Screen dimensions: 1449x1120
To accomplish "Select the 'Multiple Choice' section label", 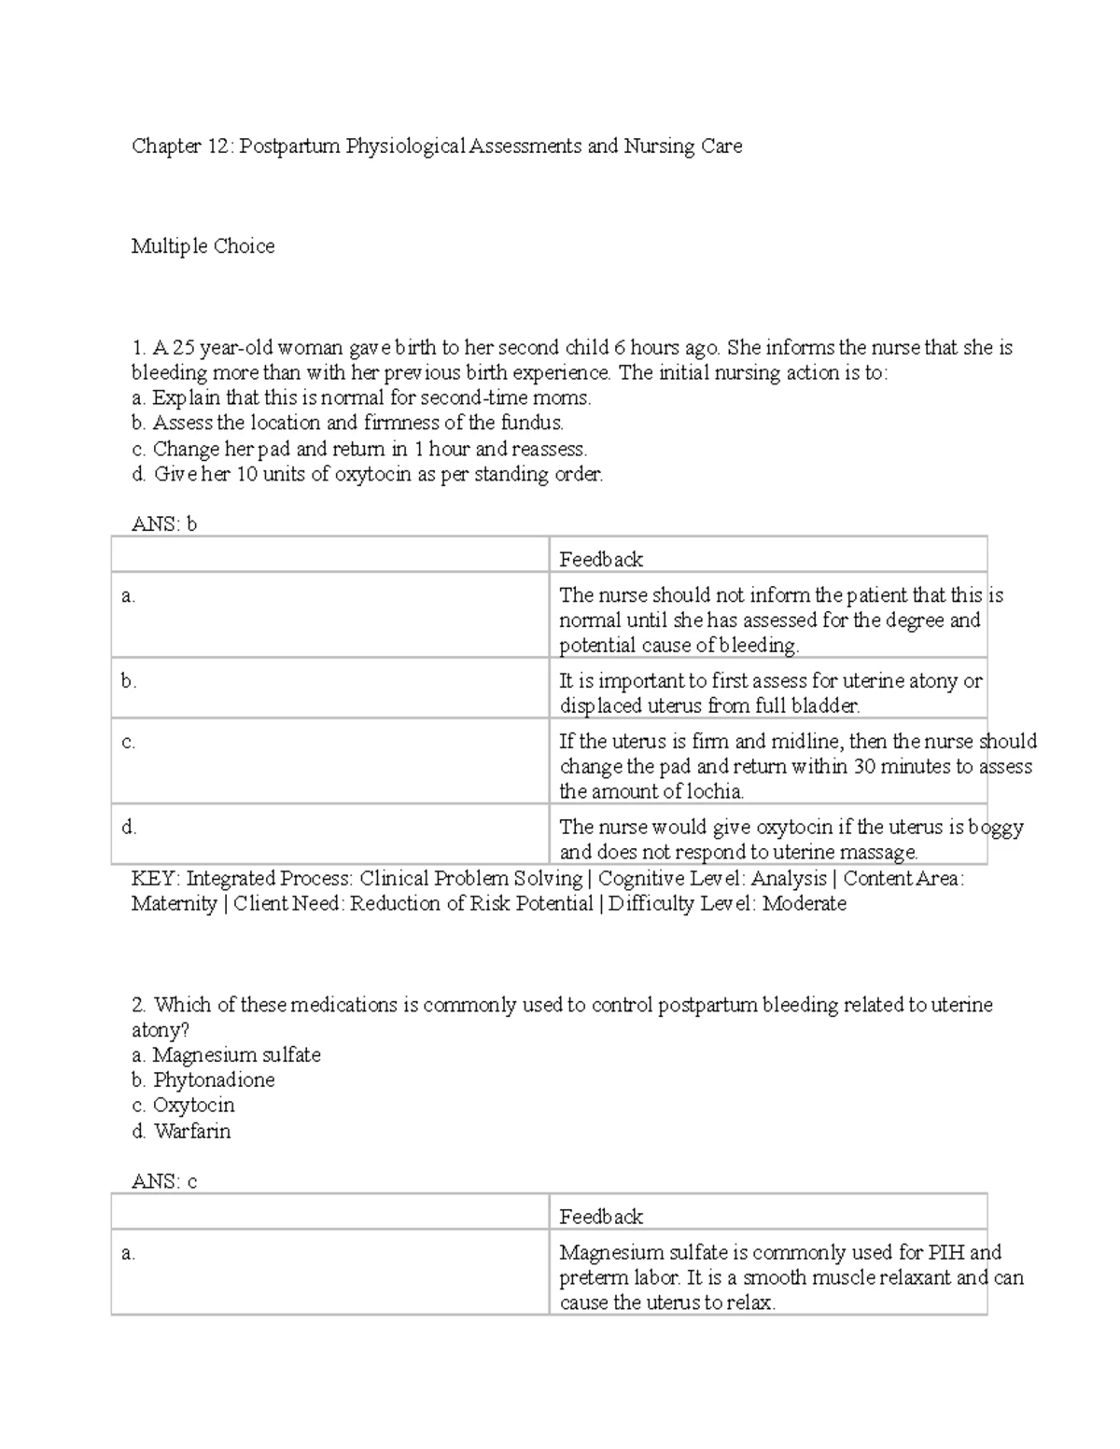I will pyautogui.click(x=203, y=246).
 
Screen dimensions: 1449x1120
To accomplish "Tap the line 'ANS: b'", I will pyautogui.click(x=164, y=524).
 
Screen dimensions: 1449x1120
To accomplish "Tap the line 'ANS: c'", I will pyautogui.click(x=164, y=1181).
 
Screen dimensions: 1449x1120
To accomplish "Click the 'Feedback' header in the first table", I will pyautogui.click(x=601, y=560).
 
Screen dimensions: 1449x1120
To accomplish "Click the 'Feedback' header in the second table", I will pyautogui.click(x=601, y=1217).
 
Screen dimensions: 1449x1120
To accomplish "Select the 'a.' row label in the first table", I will pyautogui.click(x=129, y=596).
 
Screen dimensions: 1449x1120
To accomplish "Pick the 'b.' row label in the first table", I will pyautogui.click(x=129, y=681).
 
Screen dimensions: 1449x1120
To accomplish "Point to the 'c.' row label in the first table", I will pyautogui.click(x=129, y=743).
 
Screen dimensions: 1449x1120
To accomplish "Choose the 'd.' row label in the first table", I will pyautogui.click(x=129, y=828).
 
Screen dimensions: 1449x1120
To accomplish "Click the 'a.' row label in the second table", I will pyautogui.click(x=129, y=1253).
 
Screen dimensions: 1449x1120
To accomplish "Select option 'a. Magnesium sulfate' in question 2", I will pyautogui.click(x=226, y=1055).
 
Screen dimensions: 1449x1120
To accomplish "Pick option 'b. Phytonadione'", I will pyautogui.click(x=203, y=1080).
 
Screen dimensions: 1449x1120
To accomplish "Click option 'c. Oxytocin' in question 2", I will pyautogui.click(x=183, y=1106).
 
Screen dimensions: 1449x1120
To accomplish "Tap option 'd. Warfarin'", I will pyautogui.click(x=181, y=1132).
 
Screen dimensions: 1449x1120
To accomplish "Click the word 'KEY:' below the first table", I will pyautogui.click(x=156, y=879).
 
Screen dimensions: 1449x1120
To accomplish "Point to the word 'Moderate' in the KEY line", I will pyautogui.click(x=804, y=904).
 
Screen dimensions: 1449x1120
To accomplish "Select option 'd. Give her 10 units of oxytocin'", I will pyautogui.click(x=367, y=474).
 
